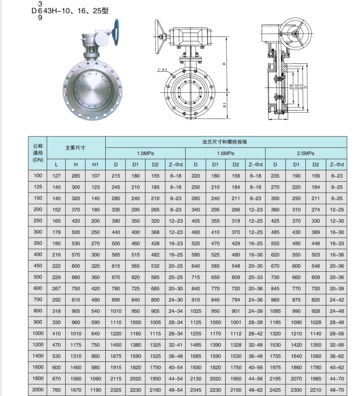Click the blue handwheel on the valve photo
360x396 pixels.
(x=117, y=32)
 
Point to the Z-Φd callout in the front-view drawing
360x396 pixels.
(x=162, y=70)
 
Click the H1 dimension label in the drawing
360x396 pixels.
(x=225, y=105)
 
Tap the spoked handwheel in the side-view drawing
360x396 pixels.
(x=295, y=34)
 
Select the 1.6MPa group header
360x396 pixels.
(x=225, y=153)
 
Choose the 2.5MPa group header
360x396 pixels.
(x=305, y=153)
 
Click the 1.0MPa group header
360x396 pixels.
(x=145, y=153)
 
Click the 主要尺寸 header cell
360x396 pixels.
(x=75, y=148)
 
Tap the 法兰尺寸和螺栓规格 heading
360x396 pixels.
(x=224, y=142)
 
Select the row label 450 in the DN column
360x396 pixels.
(x=38, y=266)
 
